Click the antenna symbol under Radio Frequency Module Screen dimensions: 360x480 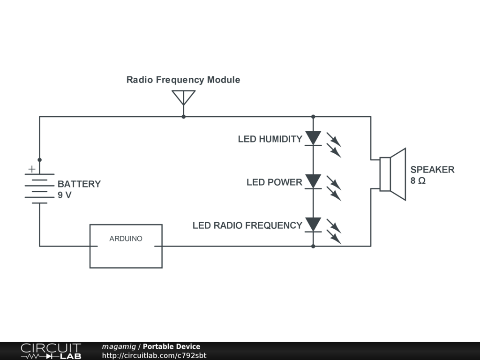(x=183, y=97)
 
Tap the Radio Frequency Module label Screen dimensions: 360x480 (x=183, y=80)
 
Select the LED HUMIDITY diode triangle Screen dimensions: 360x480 (x=313, y=138)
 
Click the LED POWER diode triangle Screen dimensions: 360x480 (x=313, y=181)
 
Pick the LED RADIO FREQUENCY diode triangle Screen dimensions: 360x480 (x=313, y=224)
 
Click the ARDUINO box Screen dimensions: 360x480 (x=126, y=246)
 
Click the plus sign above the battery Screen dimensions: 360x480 (x=31, y=169)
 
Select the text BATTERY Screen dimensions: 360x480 (x=79, y=184)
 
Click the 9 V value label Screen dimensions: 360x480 (x=65, y=195)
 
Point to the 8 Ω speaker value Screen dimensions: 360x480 (x=418, y=180)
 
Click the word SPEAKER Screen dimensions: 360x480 (x=432, y=170)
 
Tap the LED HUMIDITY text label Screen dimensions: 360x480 (x=270, y=139)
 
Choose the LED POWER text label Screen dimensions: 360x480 (x=274, y=182)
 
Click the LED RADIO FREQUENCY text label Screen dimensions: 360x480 (x=247, y=225)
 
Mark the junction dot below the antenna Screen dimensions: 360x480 (x=183, y=116)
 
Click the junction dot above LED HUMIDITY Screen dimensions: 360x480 (x=313, y=116)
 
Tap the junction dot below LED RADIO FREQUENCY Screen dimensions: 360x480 (x=313, y=246)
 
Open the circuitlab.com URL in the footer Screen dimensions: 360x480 (x=154, y=355)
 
